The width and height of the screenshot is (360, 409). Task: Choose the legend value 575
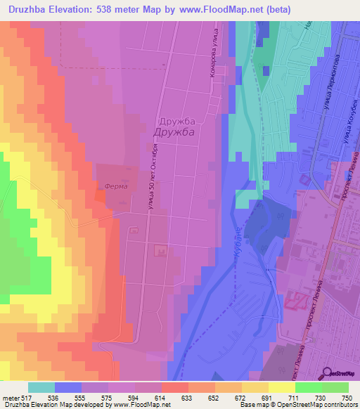click(x=107, y=397)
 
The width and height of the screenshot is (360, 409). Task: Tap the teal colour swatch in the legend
click(x=41, y=387)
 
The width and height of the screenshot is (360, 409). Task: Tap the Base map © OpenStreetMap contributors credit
click(x=297, y=405)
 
